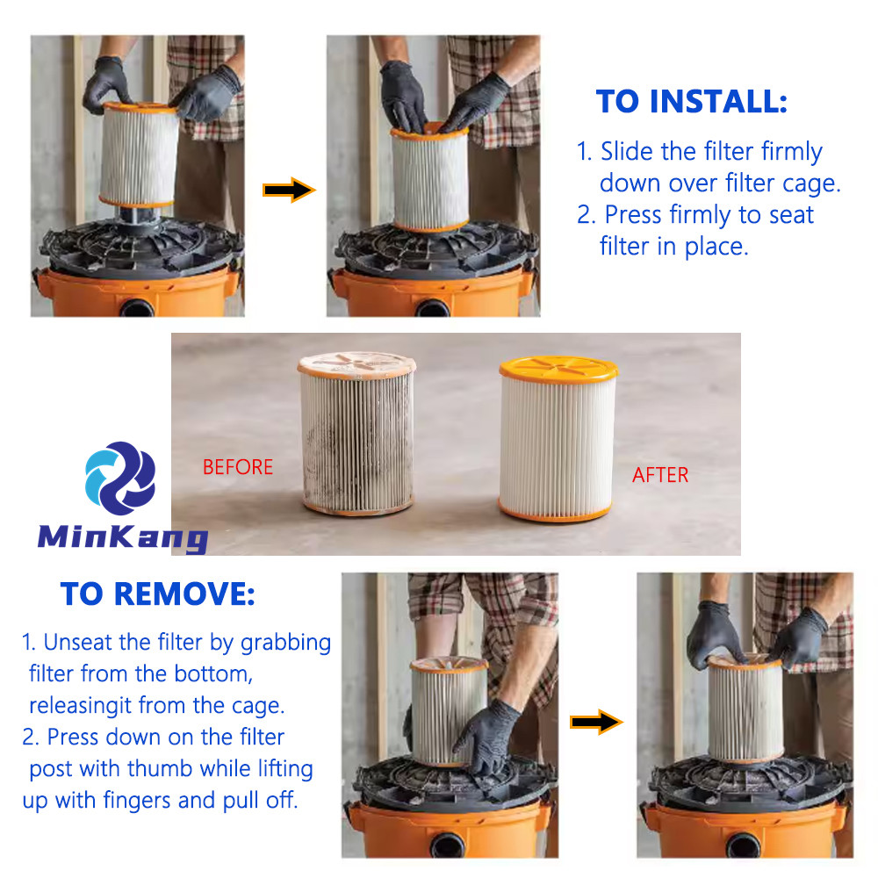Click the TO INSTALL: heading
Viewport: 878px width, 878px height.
point(692,101)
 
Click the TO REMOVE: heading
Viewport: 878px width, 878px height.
point(157,594)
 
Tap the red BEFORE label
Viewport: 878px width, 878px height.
point(238,467)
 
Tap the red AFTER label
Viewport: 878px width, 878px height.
point(660,475)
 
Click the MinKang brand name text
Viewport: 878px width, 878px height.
point(123,537)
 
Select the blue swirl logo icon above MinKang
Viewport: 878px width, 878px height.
point(120,479)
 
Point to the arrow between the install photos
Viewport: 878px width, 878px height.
point(289,191)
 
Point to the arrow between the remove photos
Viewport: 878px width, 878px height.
point(596,722)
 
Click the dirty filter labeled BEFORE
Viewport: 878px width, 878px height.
point(356,433)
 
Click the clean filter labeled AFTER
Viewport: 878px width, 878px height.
point(558,439)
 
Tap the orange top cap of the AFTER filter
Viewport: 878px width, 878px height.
point(558,370)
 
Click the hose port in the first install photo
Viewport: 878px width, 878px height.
point(137,308)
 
